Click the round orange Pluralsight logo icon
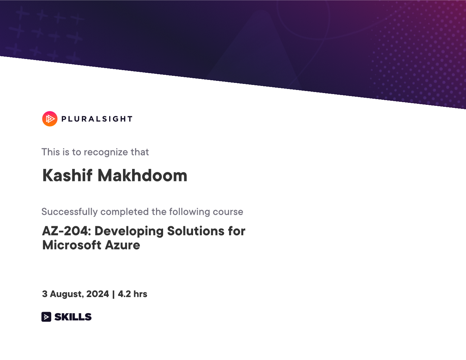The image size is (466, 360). tap(50, 119)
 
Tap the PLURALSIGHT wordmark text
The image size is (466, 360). tap(97, 119)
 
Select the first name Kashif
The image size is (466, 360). tap(67, 176)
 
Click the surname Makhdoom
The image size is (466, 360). tap(143, 176)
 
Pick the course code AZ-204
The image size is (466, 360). tap(67, 231)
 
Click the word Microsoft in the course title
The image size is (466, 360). tap(72, 245)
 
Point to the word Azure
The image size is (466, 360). tap(122, 245)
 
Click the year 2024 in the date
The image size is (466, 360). tap(98, 294)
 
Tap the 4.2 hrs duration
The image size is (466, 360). tap(132, 294)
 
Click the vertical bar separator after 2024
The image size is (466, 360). tap(114, 294)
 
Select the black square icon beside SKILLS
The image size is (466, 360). tap(46, 317)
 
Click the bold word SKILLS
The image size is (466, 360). tap(73, 317)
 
